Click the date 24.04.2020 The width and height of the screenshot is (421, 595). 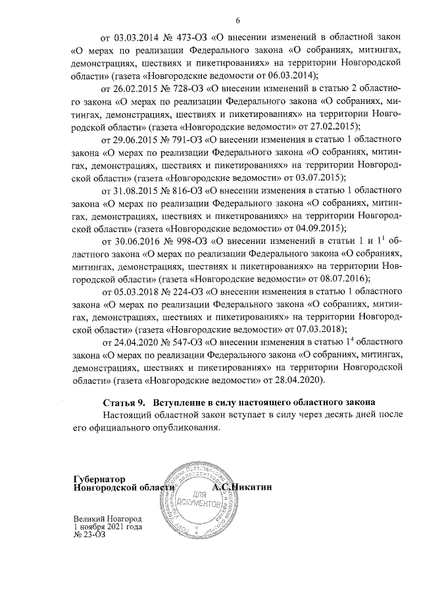point(136,343)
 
